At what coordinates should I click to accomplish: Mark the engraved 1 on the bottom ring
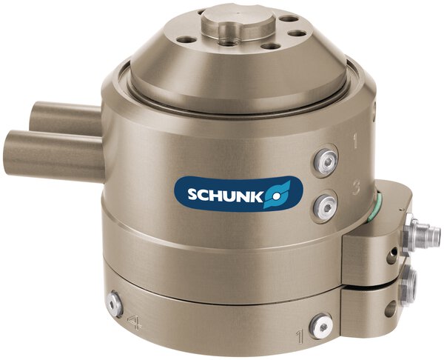point(300,337)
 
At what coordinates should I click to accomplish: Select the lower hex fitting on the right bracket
point(408,282)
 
